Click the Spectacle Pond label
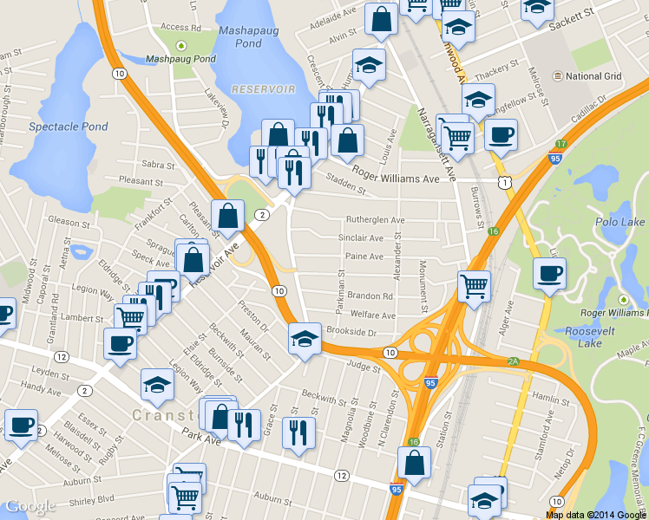(x=69, y=127)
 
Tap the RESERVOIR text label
(x=263, y=89)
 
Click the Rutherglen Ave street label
(x=376, y=220)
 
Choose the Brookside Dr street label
(x=351, y=333)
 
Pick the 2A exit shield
(x=513, y=361)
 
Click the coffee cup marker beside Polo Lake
(x=548, y=275)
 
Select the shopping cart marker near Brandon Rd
(x=474, y=285)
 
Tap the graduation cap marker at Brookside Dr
(x=305, y=338)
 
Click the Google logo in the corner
(x=30, y=506)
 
